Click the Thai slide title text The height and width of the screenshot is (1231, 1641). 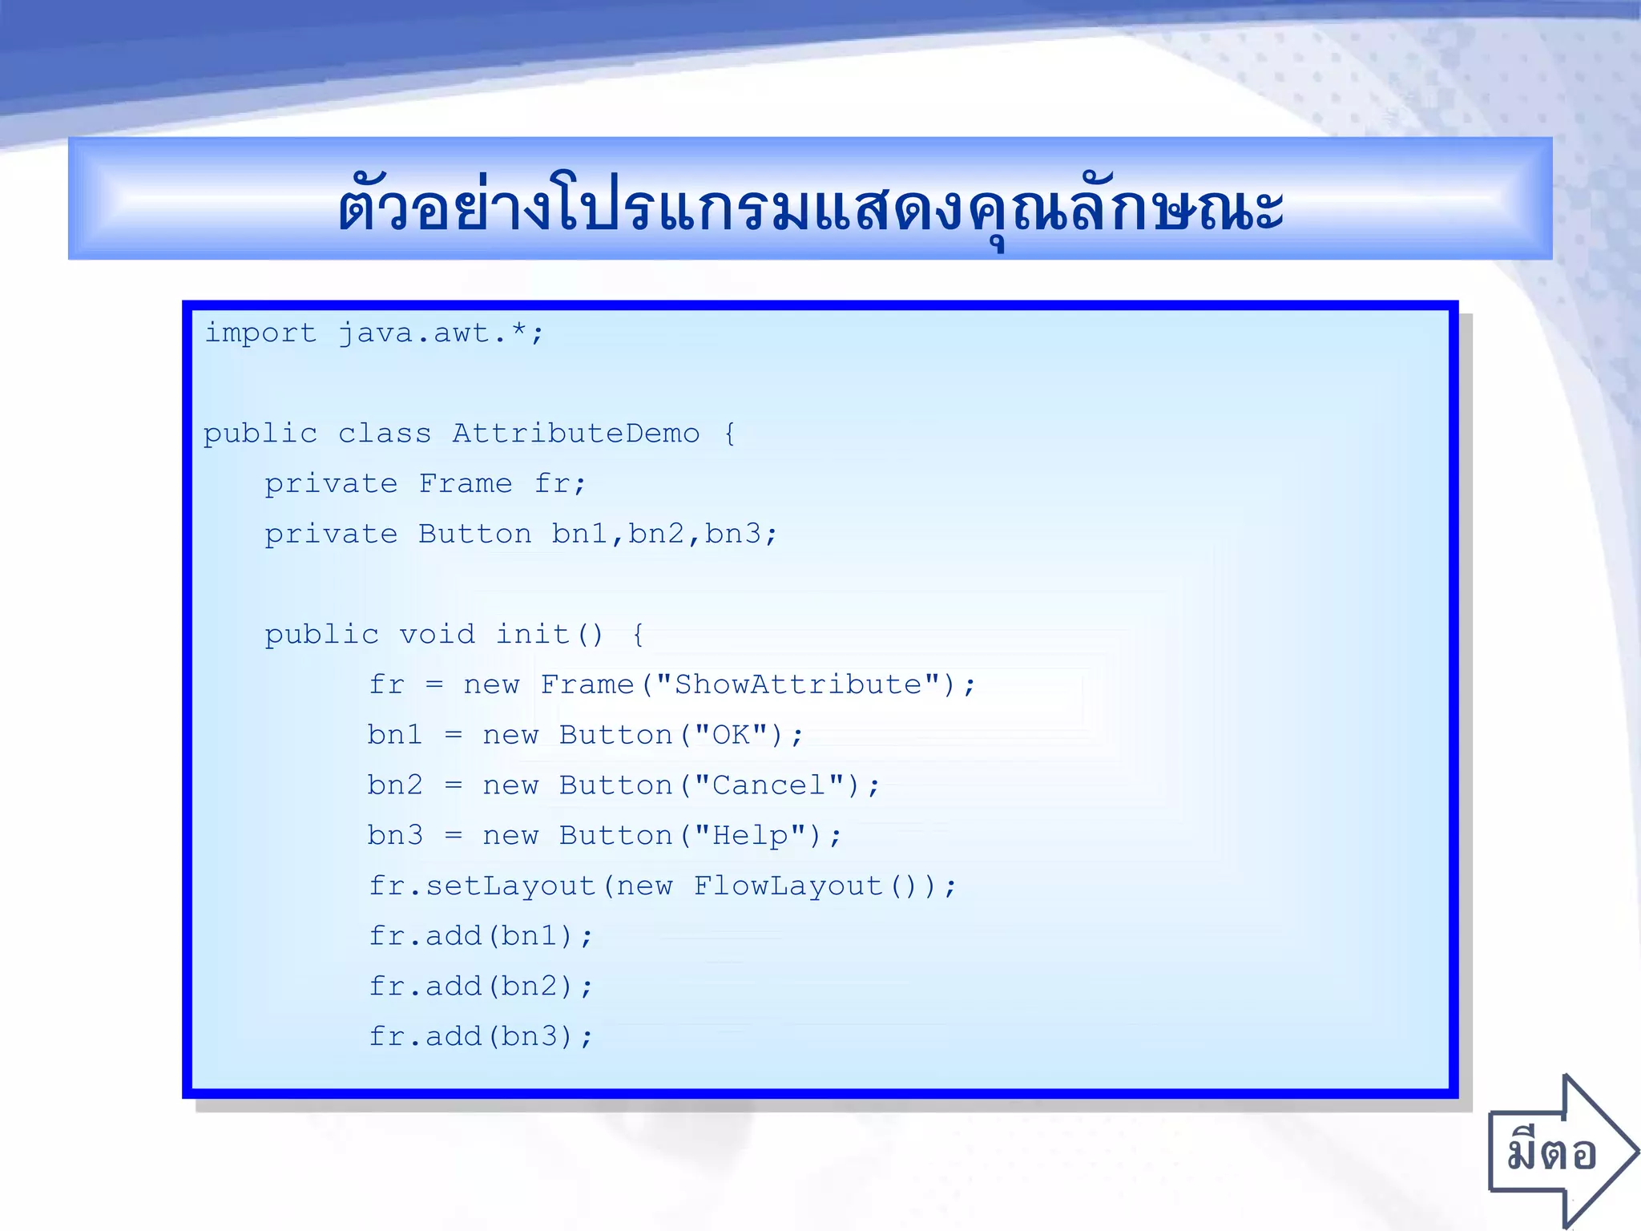[x=810, y=207]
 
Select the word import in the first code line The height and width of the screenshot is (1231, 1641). [x=260, y=333]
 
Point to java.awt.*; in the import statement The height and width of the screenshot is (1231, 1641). [x=441, y=333]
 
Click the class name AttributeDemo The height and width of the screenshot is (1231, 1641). [x=575, y=434]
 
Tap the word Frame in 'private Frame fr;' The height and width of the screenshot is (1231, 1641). [x=465, y=483]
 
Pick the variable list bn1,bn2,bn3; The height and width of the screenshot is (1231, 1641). [x=664, y=534]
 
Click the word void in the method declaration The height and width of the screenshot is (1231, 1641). [x=437, y=635]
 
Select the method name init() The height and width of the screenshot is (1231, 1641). [x=549, y=635]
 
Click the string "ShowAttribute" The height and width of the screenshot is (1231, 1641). [x=797, y=685]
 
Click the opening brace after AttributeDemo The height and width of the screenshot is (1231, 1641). [x=729, y=434]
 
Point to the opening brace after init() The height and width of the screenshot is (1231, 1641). [x=638, y=636]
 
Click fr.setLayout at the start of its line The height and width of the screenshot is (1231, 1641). [x=482, y=886]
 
